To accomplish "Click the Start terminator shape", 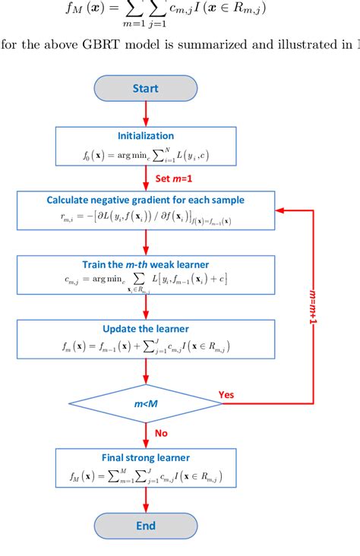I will pos(145,89).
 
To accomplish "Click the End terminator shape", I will pos(145,526).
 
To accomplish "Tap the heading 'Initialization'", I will pos(145,136).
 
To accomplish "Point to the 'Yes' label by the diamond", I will pos(226,394).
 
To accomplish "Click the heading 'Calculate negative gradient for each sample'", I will pos(145,201).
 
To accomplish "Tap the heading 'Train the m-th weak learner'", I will pos(145,265).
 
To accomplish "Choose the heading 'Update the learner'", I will pos(145,330).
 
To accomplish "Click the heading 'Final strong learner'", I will pos(145,458).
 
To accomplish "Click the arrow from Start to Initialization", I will pos(145,114).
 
